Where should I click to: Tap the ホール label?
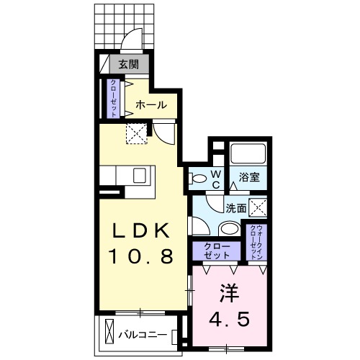pyautogui.click(x=152, y=105)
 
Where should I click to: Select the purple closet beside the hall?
pyautogui.click(x=114, y=99)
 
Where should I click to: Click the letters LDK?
pyautogui.click(x=140, y=231)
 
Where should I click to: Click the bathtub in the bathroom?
pyautogui.click(x=249, y=153)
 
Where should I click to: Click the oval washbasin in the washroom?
pyautogui.click(x=229, y=229)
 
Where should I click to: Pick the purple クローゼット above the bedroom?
pyautogui.click(x=215, y=251)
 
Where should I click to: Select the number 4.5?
pyautogui.click(x=230, y=318)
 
